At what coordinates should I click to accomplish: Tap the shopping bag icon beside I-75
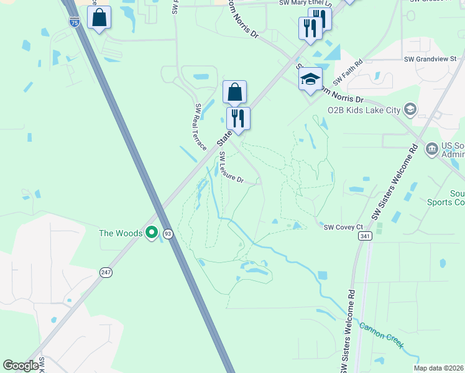pos(99,18)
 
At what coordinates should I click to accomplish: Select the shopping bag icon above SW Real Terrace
pos(234,93)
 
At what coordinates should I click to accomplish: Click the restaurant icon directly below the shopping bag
pos(238,118)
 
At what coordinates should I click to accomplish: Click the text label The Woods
pos(121,233)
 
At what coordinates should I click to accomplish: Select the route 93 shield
pos(168,234)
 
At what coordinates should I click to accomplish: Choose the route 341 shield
pos(365,236)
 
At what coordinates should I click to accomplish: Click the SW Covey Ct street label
pos(342,228)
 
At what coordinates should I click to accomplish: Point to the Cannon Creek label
pos(382,336)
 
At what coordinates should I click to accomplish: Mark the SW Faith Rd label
pos(348,74)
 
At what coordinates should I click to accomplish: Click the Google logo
pos(21,366)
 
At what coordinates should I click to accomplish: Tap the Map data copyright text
pos(439,368)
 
